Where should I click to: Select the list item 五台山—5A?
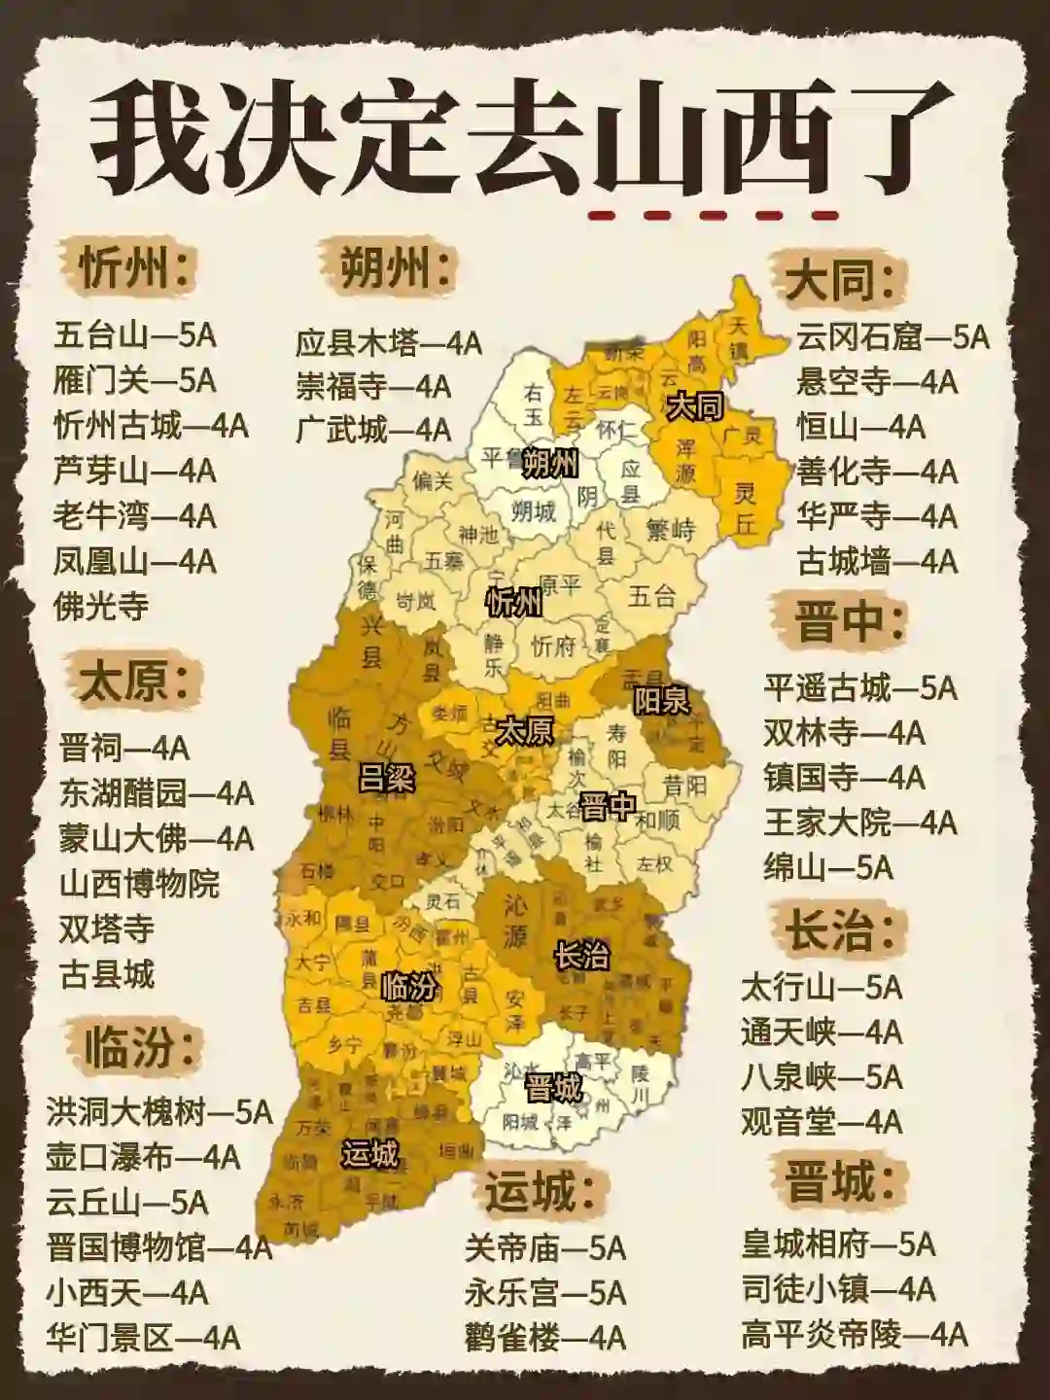click(134, 336)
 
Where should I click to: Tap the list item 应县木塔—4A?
click(389, 342)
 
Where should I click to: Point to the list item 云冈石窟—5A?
click(892, 336)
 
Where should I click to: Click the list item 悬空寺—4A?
click(877, 381)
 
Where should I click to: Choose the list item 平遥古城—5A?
click(860, 688)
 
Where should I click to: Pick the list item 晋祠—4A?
click(124, 749)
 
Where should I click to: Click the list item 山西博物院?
click(140, 884)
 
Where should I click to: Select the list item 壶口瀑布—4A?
click(143, 1157)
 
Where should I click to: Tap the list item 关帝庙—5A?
click(544, 1248)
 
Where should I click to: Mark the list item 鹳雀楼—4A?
click(544, 1338)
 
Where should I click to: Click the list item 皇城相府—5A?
click(838, 1243)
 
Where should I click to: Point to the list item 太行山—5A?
click(822, 988)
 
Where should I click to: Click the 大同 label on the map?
click(694, 406)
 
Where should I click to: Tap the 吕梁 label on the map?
click(386, 778)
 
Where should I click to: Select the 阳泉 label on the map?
click(661, 700)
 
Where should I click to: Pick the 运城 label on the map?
click(370, 1154)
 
